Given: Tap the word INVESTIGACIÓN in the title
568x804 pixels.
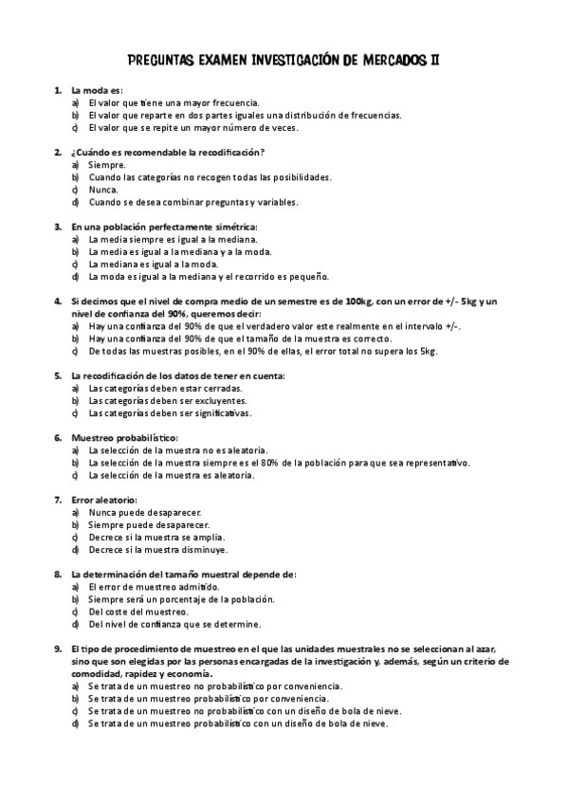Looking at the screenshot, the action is [x=292, y=60].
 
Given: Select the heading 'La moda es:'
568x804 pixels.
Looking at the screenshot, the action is [x=97, y=90].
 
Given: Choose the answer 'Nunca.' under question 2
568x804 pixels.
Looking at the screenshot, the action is [x=103, y=190].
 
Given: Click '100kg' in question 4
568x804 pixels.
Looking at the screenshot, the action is [x=359, y=301].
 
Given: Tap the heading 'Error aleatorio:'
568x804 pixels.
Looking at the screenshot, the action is [x=104, y=500].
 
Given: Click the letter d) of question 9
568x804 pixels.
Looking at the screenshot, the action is [x=75, y=723].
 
